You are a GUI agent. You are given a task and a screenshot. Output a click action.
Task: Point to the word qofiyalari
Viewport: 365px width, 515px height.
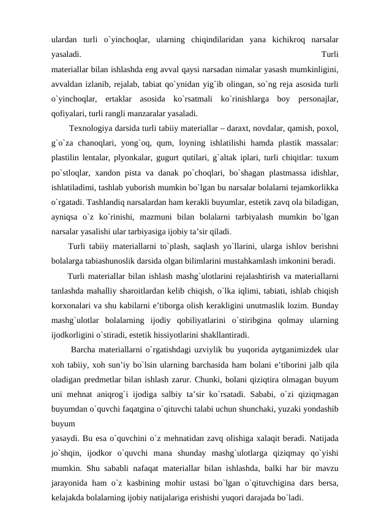pyautogui.click(x=69, y=113)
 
